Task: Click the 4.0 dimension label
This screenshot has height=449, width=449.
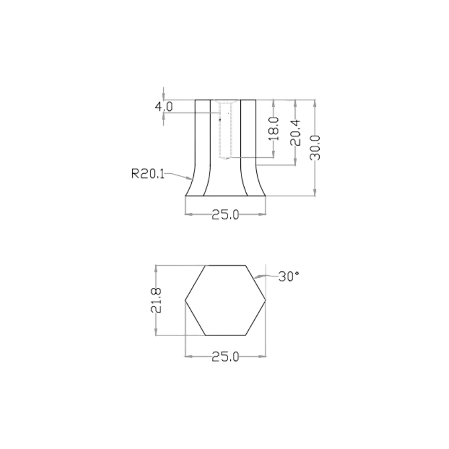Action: point(164,107)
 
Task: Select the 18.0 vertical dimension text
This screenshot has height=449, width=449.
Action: point(274,128)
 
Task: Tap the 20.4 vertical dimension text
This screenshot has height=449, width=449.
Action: point(295,133)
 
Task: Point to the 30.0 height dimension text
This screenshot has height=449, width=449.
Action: point(315,148)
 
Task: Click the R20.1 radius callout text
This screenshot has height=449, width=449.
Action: point(148,174)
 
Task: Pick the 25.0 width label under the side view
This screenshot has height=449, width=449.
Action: point(226,214)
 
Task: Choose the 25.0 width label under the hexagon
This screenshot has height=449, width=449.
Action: point(226,357)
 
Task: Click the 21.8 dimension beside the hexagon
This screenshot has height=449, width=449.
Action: point(156,300)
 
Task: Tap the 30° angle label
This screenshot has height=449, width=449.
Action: point(288,276)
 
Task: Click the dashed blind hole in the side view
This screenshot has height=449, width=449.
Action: point(225,129)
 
